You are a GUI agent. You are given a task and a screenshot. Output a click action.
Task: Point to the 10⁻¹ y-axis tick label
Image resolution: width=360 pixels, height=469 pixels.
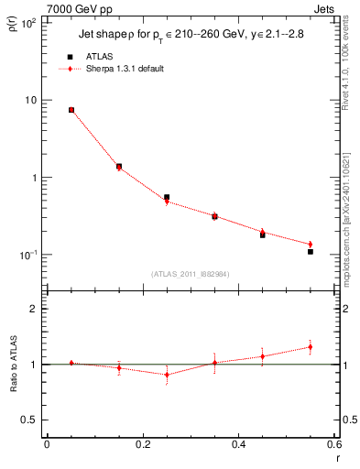(27, 255)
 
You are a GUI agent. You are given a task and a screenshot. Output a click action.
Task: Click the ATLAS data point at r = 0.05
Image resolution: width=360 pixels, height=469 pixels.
(71, 110)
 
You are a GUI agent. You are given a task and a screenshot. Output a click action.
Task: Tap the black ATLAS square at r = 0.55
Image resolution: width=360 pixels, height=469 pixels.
(311, 251)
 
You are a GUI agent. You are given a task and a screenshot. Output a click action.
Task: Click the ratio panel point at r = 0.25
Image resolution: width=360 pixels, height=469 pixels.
(167, 375)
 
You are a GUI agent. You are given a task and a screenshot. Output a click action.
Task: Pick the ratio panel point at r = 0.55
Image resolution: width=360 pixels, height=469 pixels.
(311, 347)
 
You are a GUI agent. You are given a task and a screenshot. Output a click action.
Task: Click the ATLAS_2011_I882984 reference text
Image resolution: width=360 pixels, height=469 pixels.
(191, 274)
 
